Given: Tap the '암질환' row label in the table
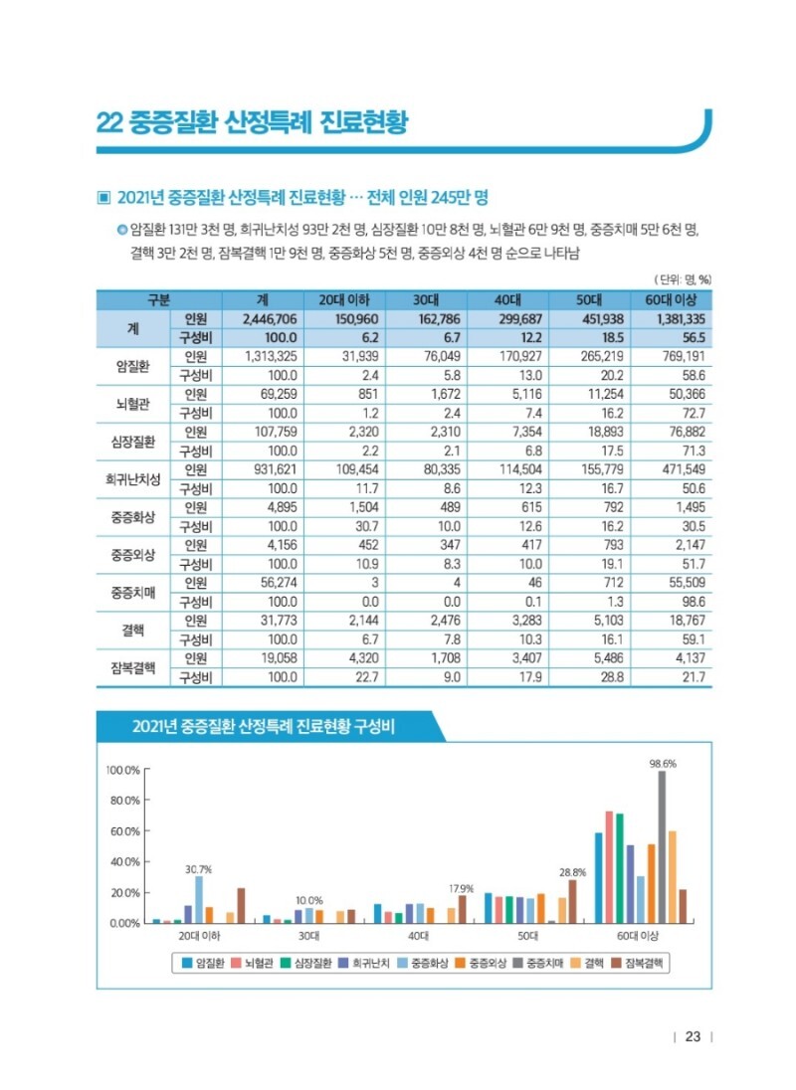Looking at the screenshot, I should pos(132,365).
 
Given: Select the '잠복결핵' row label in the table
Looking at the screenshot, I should pos(132,667).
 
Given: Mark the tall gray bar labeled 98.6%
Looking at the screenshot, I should pos(662,846).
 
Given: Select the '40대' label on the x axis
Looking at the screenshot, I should pos(419,937).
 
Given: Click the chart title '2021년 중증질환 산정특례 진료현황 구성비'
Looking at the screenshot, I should pos(264,727).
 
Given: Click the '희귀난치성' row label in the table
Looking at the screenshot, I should pos(132,478).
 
